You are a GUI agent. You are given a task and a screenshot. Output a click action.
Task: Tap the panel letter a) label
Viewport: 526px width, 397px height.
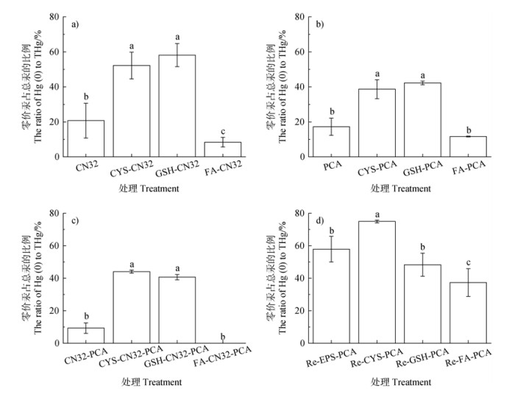(75, 25)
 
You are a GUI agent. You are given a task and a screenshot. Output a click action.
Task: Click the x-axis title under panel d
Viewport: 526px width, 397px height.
(401, 382)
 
